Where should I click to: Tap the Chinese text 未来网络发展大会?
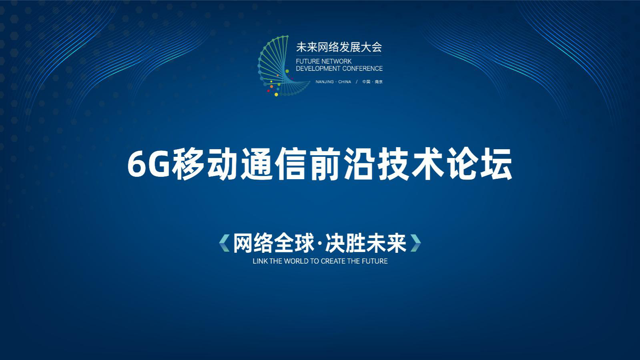coord(339,47)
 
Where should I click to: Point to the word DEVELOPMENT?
coord(318,68)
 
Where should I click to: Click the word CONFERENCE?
coord(362,68)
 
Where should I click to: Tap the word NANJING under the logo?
coord(325,82)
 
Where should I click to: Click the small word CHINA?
coord(345,82)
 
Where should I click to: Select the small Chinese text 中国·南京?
coord(373,82)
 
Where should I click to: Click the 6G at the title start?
coord(148,165)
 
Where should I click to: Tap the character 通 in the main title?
coord(257,164)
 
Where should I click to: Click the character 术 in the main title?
coord(428,164)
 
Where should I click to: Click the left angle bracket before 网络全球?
coord(224,243)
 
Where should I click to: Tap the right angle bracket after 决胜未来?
coord(416,243)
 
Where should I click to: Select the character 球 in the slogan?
coord(304,243)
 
